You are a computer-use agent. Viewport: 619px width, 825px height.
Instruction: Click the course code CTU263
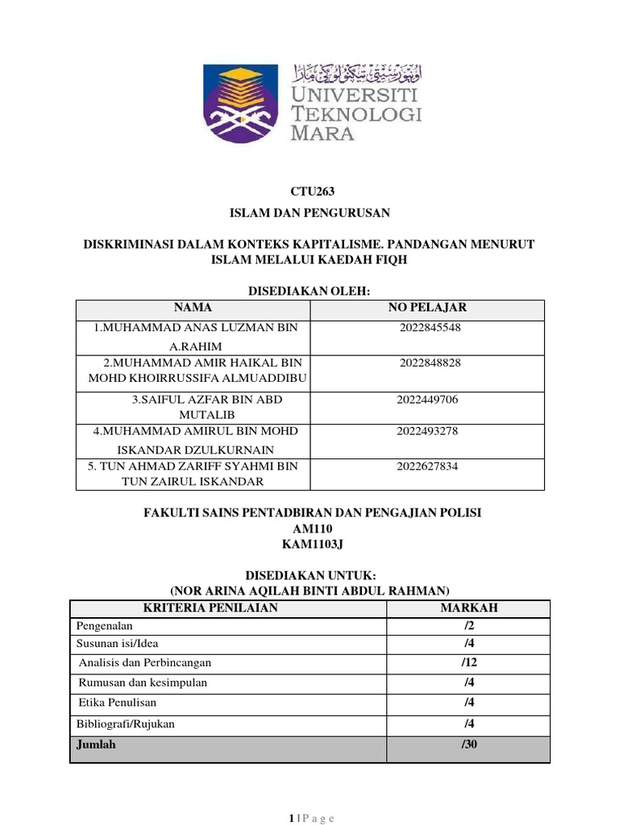311,192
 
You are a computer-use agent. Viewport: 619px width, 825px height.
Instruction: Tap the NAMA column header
193,308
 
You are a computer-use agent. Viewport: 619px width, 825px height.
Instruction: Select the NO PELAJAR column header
427,308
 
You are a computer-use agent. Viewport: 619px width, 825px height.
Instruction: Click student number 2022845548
430,328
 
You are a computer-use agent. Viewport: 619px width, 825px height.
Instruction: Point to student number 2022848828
430,363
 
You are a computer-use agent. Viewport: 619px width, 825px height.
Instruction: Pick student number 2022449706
427,400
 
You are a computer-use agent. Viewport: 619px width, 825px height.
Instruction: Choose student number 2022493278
427,431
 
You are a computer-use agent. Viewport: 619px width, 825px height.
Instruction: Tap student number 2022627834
427,466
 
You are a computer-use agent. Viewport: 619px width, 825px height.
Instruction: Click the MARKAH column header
468,608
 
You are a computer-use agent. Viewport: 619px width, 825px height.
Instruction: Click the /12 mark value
468,662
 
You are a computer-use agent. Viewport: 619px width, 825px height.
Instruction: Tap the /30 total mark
469,744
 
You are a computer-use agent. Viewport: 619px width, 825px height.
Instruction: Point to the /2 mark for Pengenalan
468,626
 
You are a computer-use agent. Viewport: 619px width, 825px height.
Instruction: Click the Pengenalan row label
104,626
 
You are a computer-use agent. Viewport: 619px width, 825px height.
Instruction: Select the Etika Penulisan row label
118,703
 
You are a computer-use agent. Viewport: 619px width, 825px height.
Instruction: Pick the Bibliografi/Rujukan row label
125,724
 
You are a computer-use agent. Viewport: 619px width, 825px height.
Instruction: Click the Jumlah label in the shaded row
96,744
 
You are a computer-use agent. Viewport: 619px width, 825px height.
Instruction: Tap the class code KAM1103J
311,544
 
